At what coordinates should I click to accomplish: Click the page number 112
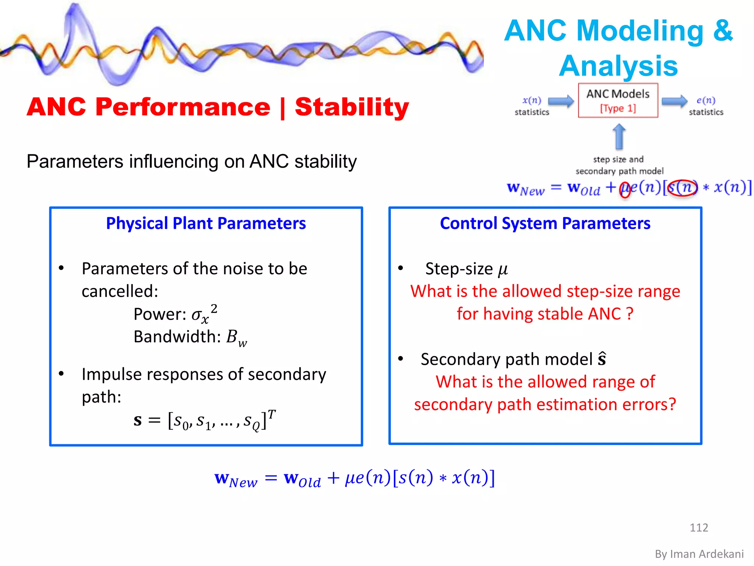click(698, 527)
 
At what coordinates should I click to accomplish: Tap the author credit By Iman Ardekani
click(699, 554)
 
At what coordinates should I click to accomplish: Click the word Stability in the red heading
click(352, 107)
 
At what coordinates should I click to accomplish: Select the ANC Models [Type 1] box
click(618, 100)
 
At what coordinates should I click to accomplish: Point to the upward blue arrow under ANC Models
click(619, 137)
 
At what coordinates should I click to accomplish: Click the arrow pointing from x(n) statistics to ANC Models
click(561, 101)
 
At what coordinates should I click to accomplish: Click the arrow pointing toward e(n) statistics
click(674, 101)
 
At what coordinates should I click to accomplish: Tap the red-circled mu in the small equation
click(625, 189)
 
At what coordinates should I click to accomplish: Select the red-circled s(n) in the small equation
click(682, 188)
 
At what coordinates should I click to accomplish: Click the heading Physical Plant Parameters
click(206, 223)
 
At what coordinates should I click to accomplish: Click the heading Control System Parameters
click(545, 223)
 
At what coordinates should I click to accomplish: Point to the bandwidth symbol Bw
click(236, 338)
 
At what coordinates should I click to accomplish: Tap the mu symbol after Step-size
click(503, 270)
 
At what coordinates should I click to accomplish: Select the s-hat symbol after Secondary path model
click(602, 359)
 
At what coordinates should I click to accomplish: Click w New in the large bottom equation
click(236, 479)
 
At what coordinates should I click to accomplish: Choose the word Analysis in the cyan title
click(618, 66)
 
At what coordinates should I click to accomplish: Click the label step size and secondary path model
click(619, 165)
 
